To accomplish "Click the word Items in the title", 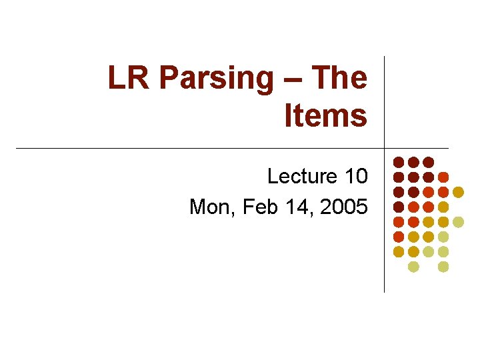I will pyautogui.click(x=325, y=115).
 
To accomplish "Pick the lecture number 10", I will pyautogui.click(x=355, y=177).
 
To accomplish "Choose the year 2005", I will pyautogui.click(x=343, y=207).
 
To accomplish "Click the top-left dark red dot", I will pyautogui.click(x=398, y=162).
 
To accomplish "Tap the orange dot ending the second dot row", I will pyautogui.click(x=443, y=177).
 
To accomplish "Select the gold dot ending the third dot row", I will pyautogui.click(x=458, y=192).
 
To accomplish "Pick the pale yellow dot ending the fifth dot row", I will pyautogui.click(x=458, y=222).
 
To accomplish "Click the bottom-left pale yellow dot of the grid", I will pyautogui.click(x=413, y=267).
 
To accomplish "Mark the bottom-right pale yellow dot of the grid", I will pyautogui.click(x=443, y=267).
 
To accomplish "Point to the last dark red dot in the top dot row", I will pyautogui.click(x=428, y=162).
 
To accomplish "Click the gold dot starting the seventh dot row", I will pyautogui.click(x=398, y=251).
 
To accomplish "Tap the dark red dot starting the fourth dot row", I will pyautogui.click(x=398, y=207).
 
